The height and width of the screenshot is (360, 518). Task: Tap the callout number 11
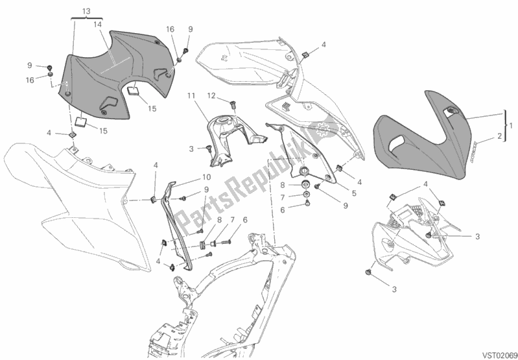(x=191, y=96)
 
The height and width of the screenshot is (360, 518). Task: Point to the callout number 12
(x=211, y=96)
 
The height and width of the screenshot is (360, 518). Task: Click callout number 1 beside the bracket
(x=511, y=125)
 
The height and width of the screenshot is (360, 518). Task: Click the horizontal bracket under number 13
(x=88, y=20)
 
